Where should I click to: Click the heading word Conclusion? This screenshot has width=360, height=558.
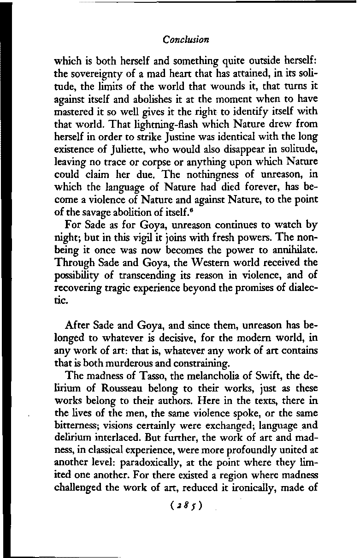(x=186, y=40)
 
